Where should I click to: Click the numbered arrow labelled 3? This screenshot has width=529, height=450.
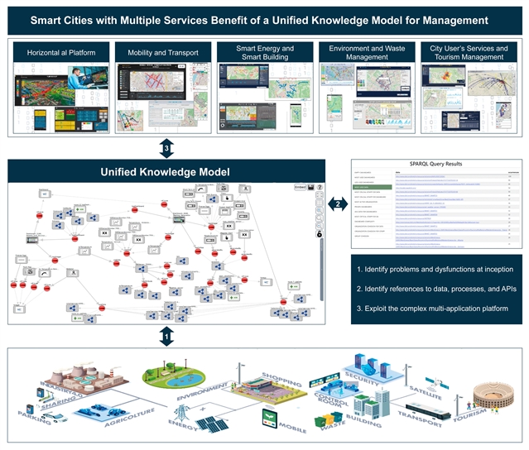pos(167,148)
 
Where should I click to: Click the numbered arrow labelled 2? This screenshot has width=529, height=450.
pos(337,203)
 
